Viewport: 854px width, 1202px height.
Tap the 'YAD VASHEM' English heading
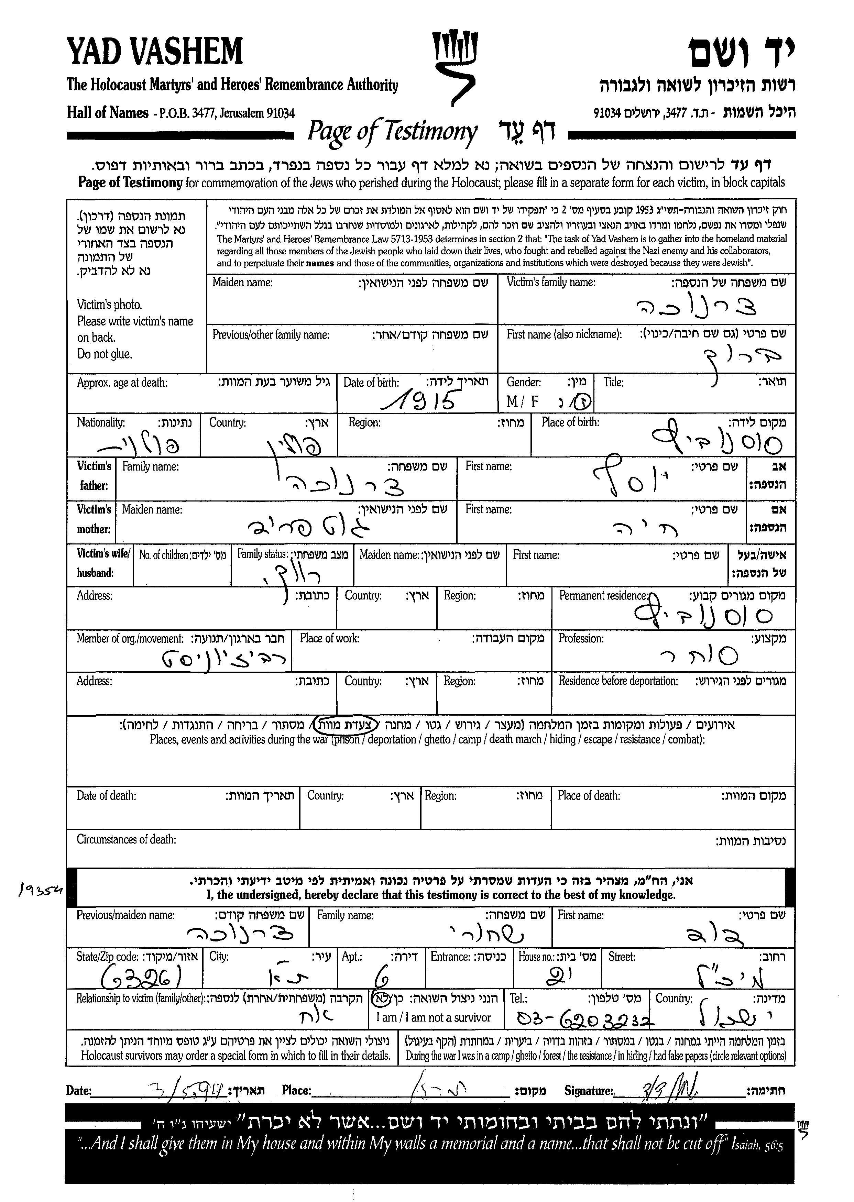click(x=155, y=52)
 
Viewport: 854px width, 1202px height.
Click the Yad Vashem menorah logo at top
click(x=455, y=66)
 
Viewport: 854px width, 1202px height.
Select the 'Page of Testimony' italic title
click(x=392, y=131)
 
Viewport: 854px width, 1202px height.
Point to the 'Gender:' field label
click(x=523, y=382)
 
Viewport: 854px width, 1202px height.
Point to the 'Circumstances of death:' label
click(x=126, y=839)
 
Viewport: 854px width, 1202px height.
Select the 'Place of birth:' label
click(x=570, y=422)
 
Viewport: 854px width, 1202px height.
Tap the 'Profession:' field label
click(x=581, y=638)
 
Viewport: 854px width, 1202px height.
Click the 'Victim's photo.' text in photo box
click(x=109, y=305)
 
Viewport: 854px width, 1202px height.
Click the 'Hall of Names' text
click(x=107, y=112)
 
